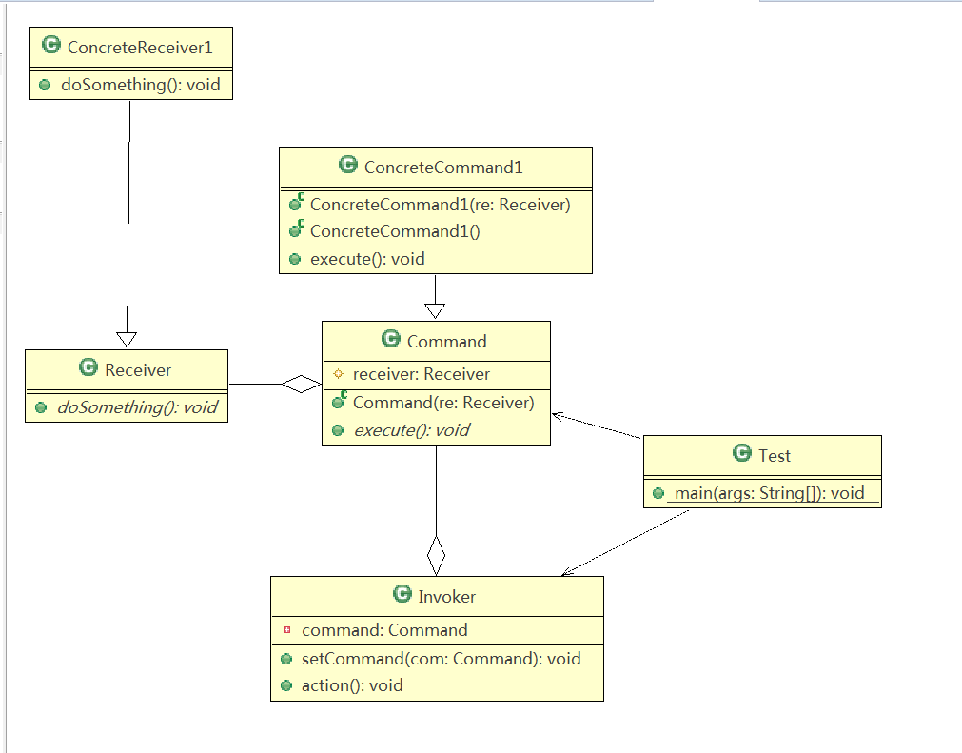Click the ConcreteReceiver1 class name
click(x=140, y=48)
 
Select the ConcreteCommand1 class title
click(x=443, y=167)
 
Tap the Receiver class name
click(x=138, y=370)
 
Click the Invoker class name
click(x=446, y=597)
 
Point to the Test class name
click(x=775, y=455)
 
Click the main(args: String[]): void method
click(x=770, y=493)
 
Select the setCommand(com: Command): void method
click(x=442, y=659)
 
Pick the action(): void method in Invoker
click(x=352, y=685)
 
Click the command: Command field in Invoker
click(x=384, y=630)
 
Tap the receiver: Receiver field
click(x=422, y=374)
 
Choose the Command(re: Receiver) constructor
click(x=443, y=403)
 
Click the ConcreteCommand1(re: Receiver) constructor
click(x=441, y=205)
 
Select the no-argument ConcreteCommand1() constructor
click(x=395, y=231)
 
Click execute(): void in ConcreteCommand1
click(x=367, y=259)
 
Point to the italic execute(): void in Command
click(x=412, y=430)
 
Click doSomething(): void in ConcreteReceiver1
click(x=141, y=85)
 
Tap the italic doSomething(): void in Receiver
click(x=137, y=407)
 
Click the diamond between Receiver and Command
click(x=302, y=385)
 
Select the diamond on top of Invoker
click(x=436, y=555)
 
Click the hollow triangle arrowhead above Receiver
click(x=127, y=339)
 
